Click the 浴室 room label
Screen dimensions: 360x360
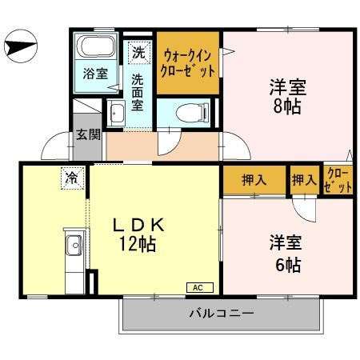pos(96,75)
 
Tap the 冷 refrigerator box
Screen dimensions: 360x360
pos(73,178)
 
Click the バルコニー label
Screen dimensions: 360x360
pos(222,313)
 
